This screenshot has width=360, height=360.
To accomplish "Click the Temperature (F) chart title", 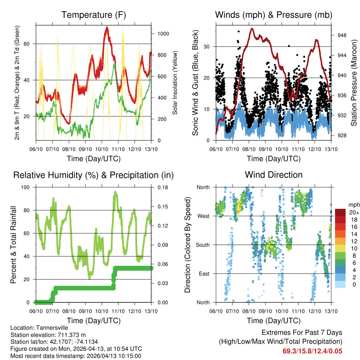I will (x=94, y=15).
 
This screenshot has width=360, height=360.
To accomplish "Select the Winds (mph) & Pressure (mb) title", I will (x=274, y=15).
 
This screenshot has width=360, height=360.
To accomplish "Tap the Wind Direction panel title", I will (x=274, y=175).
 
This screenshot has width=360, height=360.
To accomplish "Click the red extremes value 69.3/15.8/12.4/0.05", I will (x=312, y=351).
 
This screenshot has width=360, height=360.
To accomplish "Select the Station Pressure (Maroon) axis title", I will (x=354, y=83).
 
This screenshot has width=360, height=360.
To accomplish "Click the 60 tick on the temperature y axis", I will (x=30, y=44).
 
